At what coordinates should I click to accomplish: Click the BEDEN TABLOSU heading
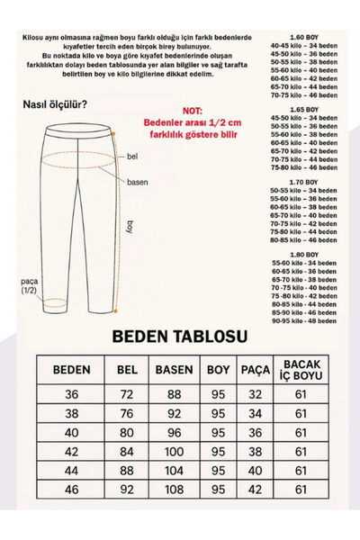[179, 337]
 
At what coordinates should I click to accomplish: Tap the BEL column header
[126, 371]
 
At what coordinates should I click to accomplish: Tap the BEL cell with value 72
[126, 395]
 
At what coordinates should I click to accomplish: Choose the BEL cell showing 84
[126, 452]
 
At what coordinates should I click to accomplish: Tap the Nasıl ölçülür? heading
[55, 104]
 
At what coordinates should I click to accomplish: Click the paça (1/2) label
[33, 284]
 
